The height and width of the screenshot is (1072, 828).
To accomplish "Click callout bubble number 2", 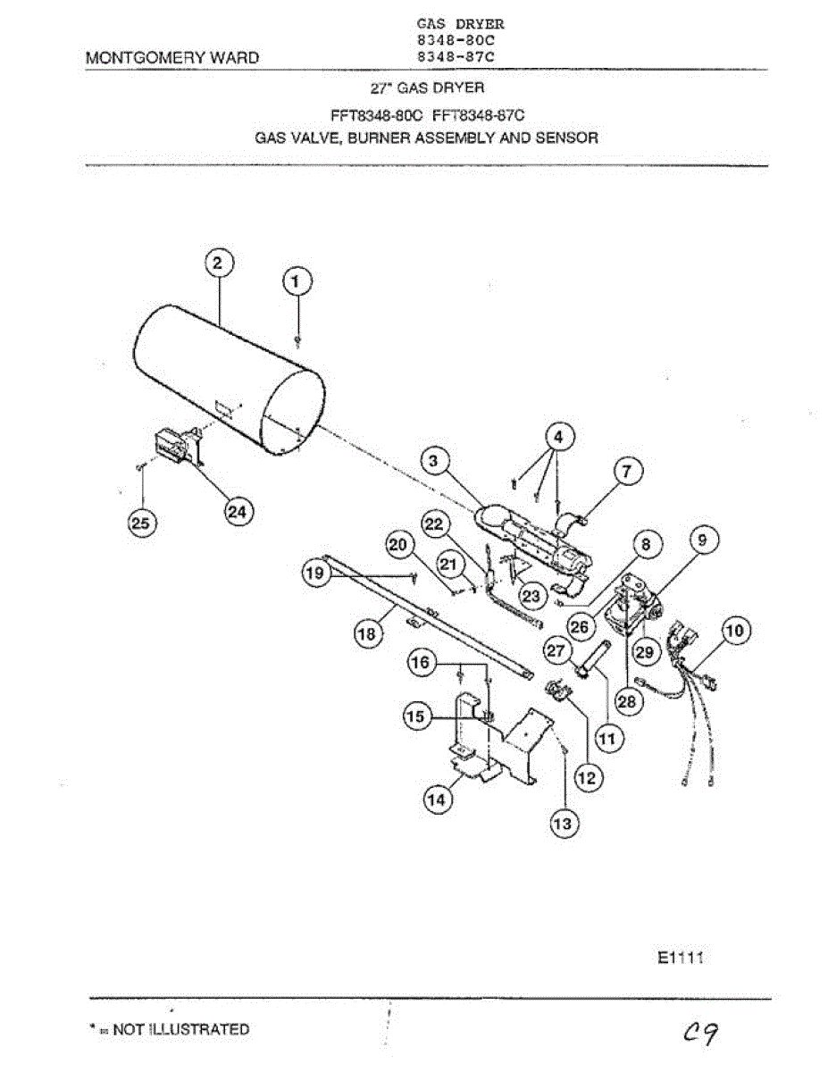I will (x=218, y=264).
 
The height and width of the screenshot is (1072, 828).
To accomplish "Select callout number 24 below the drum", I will (x=237, y=511).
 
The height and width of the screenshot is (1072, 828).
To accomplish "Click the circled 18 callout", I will (x=366, y=633).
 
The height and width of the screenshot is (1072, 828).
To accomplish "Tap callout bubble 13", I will (x=563, y=824).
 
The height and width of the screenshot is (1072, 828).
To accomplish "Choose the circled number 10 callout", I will (x=734, y=631).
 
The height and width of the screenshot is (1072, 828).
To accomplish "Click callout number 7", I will (x=627, y=470).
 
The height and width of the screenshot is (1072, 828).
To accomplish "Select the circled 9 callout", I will (x=702, y=540).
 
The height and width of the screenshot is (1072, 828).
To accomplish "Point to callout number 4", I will (x=558, y=438).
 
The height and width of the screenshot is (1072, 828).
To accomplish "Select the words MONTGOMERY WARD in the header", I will (x=172, y=58).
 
